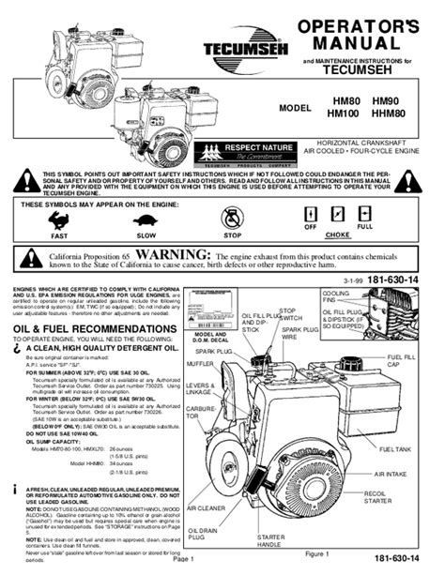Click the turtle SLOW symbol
(x=146, y=223)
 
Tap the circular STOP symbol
(x=231, y=220)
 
